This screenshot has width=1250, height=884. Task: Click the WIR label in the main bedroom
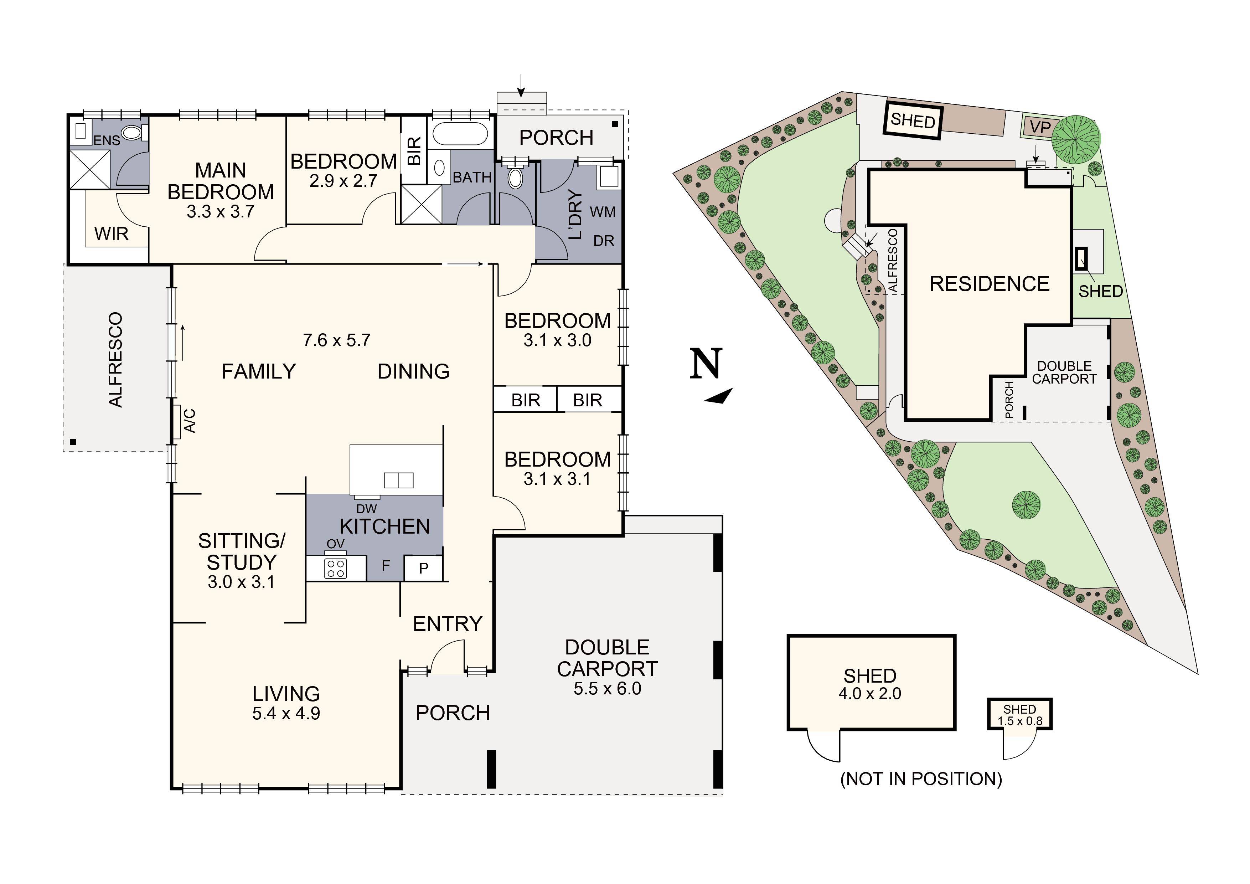tap(111, 234)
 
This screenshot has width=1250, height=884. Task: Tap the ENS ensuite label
tap(106, 140)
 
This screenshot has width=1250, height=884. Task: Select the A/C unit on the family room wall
tap(177, 422)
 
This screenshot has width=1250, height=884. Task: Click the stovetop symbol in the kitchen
tap(335, 569)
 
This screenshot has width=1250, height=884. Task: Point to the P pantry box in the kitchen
tap(424, 569)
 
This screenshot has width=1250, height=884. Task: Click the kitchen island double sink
tap(398, 480)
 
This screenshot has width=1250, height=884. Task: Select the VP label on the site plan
tap(1040, 128)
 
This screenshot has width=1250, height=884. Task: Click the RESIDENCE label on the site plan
tap(989, 284)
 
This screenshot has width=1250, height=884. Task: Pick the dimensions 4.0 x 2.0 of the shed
tap(870, 694)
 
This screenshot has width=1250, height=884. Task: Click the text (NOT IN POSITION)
tap(921, 779)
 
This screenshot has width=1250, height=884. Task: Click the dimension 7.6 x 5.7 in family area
tap(336, 340)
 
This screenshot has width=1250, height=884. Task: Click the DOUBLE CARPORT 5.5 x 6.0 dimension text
tap(607, 688)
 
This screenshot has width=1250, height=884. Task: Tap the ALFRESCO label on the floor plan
tap(115, 360)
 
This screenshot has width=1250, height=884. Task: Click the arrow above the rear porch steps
tap(521, 86)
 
